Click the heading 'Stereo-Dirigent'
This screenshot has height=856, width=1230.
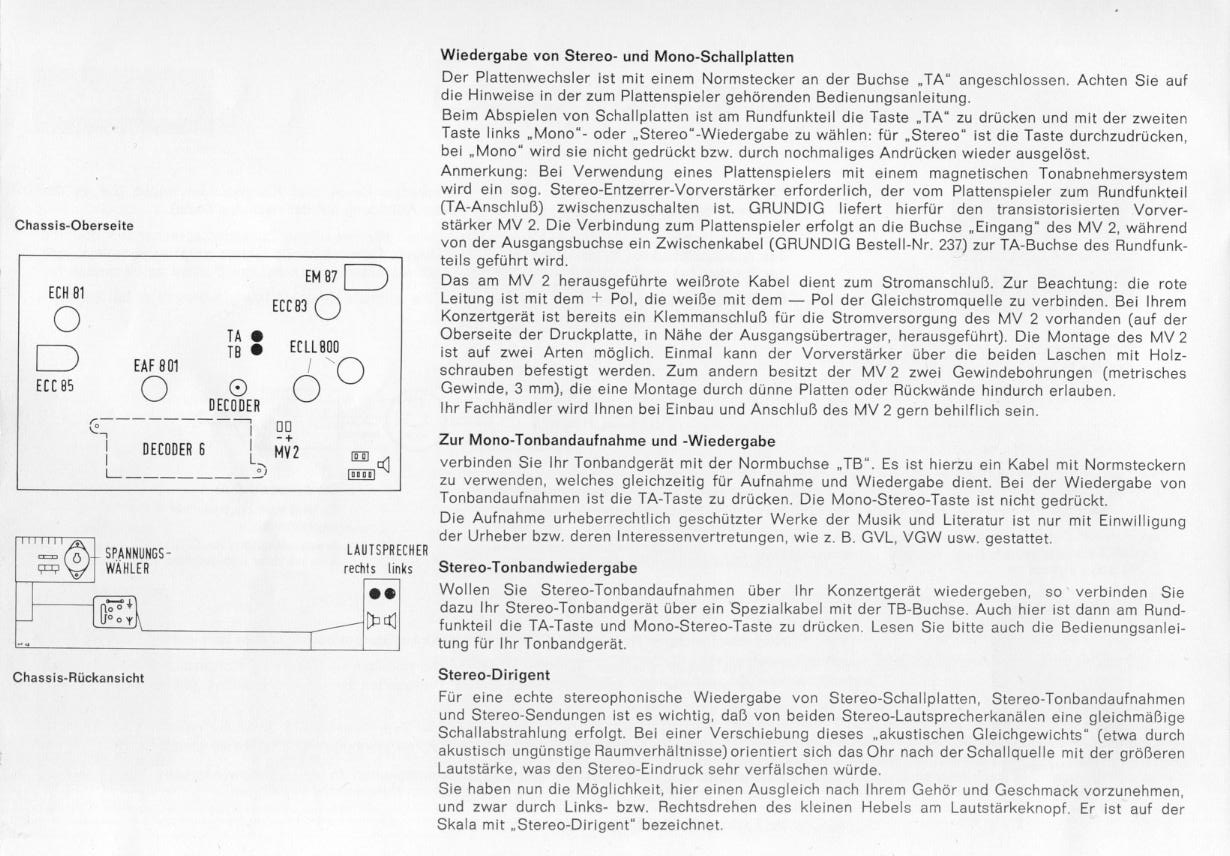[494, 675]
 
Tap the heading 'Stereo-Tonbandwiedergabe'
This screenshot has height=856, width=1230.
[538, 568]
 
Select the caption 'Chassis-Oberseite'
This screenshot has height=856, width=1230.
[74, 226]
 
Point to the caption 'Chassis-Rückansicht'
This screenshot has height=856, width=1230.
[79, 678]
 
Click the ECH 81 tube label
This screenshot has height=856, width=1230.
[66, 293]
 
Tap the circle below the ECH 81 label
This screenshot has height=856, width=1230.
[67, 320]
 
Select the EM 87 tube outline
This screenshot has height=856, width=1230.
[366, 277]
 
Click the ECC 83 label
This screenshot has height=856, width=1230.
[289, 305]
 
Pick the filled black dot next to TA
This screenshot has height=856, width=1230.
[256, 336]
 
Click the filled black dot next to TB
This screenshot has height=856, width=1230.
[256, 350]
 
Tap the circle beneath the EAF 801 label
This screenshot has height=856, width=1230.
[154, 389]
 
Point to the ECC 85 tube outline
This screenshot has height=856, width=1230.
[57, 359]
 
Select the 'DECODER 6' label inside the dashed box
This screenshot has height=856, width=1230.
[174, 450]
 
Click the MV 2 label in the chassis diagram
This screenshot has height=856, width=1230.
[287, 452]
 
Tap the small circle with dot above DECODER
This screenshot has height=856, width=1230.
[238, 389]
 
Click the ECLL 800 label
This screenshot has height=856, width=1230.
[314, 347]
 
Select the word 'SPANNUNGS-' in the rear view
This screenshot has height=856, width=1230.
[138, 553]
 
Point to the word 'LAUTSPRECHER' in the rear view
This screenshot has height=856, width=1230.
[387, 550]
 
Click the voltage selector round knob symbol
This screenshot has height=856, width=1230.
[76, 559]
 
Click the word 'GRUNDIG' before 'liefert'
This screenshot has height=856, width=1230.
[786, 209]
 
